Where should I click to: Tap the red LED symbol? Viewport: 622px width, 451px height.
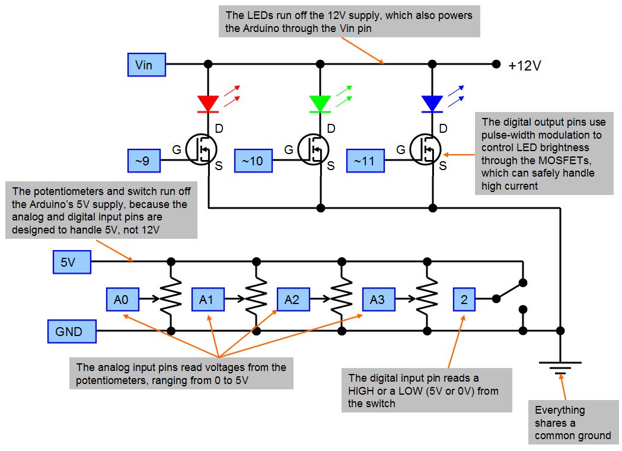pyautogui.click(x=208, y=104)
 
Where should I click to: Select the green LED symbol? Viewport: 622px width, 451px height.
pyautogui.click(x=320, y=104)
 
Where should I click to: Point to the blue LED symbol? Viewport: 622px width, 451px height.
pyautogui.click(x=432, y=104)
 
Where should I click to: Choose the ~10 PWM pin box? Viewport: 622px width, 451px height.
pyautogui.click(x=253, y=161)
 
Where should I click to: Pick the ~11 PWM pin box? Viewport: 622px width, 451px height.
pyautogui.click(x=365, y=161)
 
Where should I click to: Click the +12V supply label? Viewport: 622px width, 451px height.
pyautogui.click(x=524, y=66)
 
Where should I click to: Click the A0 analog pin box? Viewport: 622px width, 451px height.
pyautogui.click(x=122, y=300)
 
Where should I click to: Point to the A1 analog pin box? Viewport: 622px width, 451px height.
pyautogui.click(x=207, y=300)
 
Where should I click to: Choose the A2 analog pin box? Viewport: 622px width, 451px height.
pyautogui.click(x=292, y=300)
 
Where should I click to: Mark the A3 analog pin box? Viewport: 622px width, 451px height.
pyautogui.click(x=378, y=300)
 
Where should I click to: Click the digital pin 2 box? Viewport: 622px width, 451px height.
pyautogui.click(x=464, y=300)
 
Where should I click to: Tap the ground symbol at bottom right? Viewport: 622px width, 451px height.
pyautogui.click(x=560, y=367)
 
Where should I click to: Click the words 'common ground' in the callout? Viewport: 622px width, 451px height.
pyautogui.click(x=572, y=436)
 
